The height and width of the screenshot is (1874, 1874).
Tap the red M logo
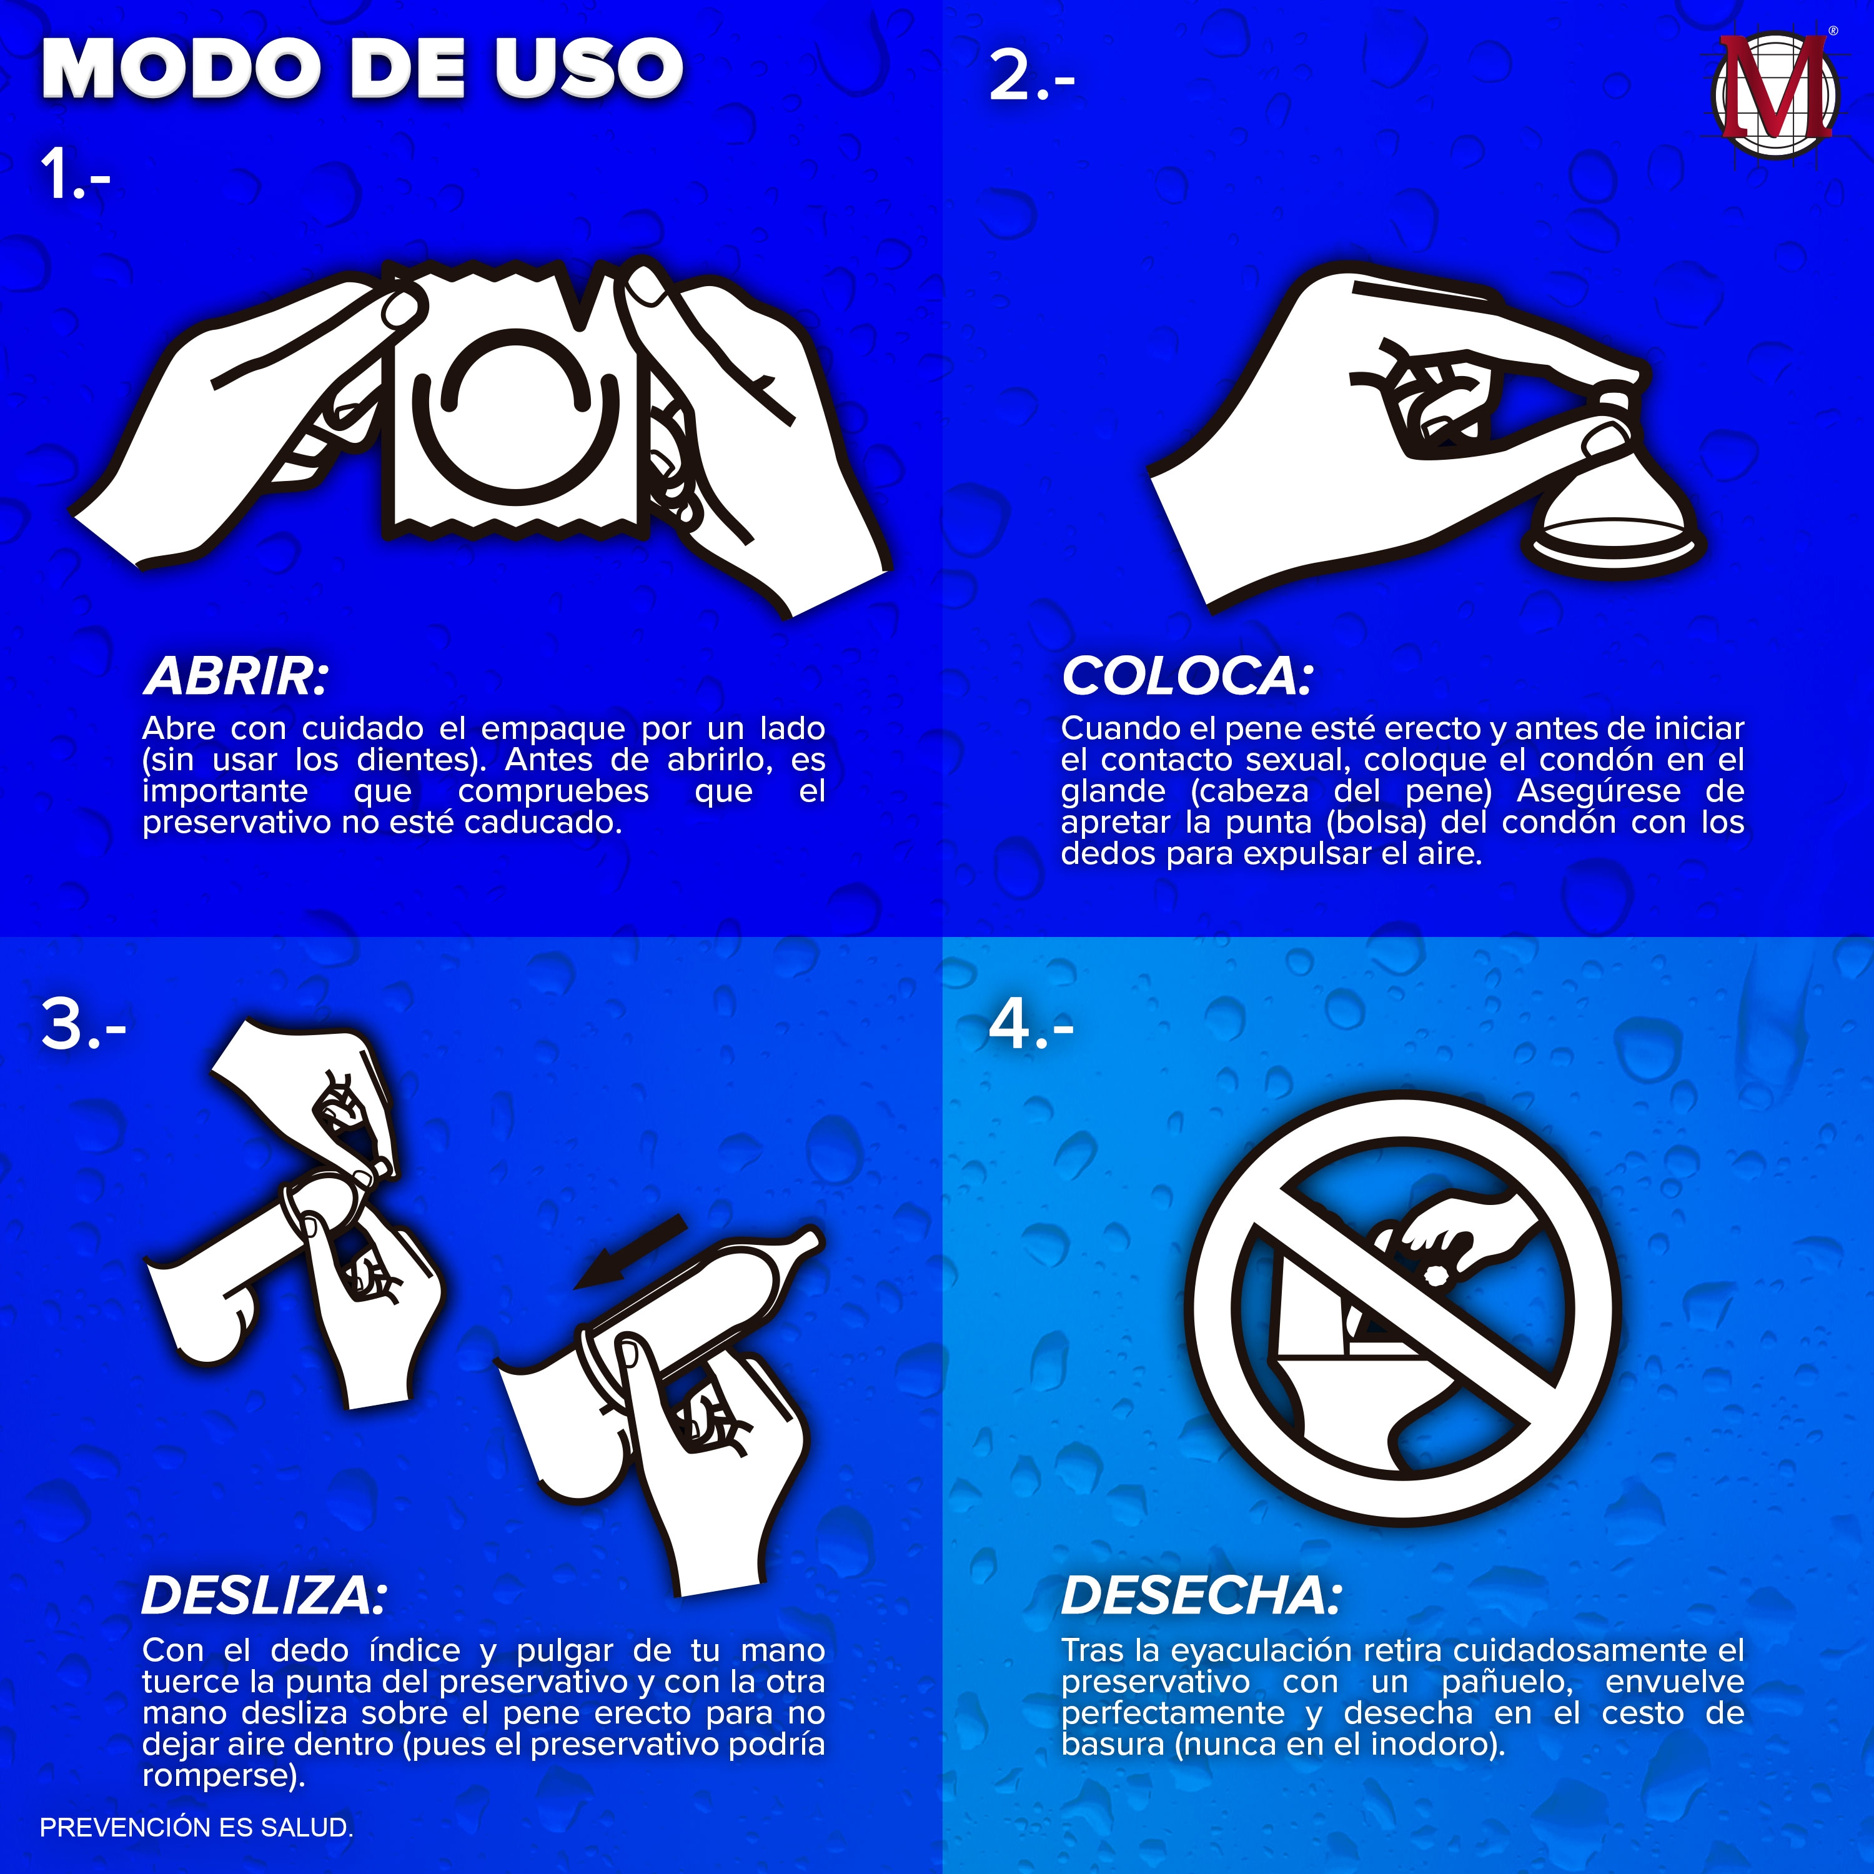(1775, 97)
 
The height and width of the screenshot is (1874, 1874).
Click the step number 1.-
(76, 176)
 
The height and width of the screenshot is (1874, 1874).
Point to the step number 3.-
(84, 1024)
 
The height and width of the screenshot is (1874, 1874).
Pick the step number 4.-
(1031, 1024)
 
